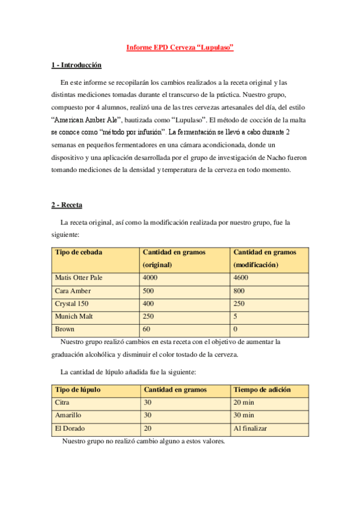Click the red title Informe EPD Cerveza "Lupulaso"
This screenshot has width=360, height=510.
click(180, 48)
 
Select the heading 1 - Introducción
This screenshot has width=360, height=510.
click(76, 65)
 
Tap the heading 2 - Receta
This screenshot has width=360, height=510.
click(66, 205)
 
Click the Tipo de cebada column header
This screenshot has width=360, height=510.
click(78, 252)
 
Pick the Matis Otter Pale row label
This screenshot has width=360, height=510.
click(79, 278)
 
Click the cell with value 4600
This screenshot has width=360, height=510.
click(240, 278)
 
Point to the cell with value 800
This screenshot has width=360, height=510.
click(239, 290)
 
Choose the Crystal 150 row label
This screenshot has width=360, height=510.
click(72, 304)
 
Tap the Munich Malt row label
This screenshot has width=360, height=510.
click(73, 316)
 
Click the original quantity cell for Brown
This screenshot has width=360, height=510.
click(147, 330)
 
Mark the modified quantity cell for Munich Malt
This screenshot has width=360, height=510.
click(235, 316)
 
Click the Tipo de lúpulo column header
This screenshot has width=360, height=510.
click(78, 390)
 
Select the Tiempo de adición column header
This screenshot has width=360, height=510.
click(261, 390)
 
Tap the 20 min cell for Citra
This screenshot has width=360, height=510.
click(244, 402)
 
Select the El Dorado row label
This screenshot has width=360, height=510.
click(69, 428)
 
